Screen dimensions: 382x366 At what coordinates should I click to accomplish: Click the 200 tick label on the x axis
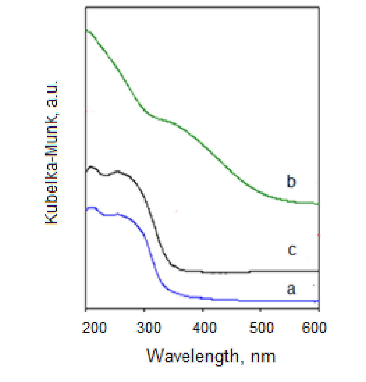point(94,328)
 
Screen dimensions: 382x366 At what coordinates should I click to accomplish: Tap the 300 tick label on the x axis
point(149,328)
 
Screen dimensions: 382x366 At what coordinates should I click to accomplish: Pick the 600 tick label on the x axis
point(314,328)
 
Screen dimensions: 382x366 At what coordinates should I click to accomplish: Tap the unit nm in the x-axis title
point(263,357)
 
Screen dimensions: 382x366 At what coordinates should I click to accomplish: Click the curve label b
point(291,182)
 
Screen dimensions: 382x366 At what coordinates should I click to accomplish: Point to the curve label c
point(292,250)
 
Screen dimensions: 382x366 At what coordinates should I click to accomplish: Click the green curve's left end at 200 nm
point(86,30)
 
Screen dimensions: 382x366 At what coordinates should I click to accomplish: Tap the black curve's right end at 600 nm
point(318,271)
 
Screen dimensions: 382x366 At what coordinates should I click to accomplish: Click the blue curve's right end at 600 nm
point(318,301)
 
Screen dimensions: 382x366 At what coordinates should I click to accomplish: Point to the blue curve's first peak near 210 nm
point(92,208)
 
